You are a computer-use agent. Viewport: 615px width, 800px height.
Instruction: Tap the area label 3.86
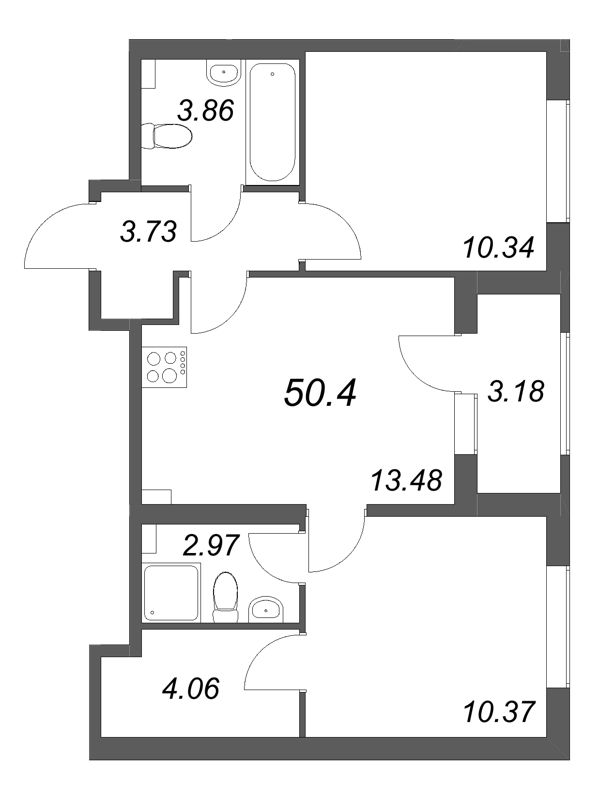pos(207,110)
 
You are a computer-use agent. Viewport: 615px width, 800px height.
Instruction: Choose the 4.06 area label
pos(190,689)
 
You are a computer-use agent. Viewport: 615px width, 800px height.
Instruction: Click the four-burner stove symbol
pos(166,365)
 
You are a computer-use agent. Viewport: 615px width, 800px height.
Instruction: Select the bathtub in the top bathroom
pos(272,122)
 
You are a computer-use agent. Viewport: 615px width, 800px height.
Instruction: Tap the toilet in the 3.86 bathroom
pos(164,136)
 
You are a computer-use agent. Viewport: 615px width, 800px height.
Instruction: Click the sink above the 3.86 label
pos(223,71)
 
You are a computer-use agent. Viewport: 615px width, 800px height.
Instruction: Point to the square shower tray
pos(172,593)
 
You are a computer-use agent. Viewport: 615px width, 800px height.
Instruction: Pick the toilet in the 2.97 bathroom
pos(227,592)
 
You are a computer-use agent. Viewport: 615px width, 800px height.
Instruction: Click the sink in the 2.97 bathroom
pos(265,606)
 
